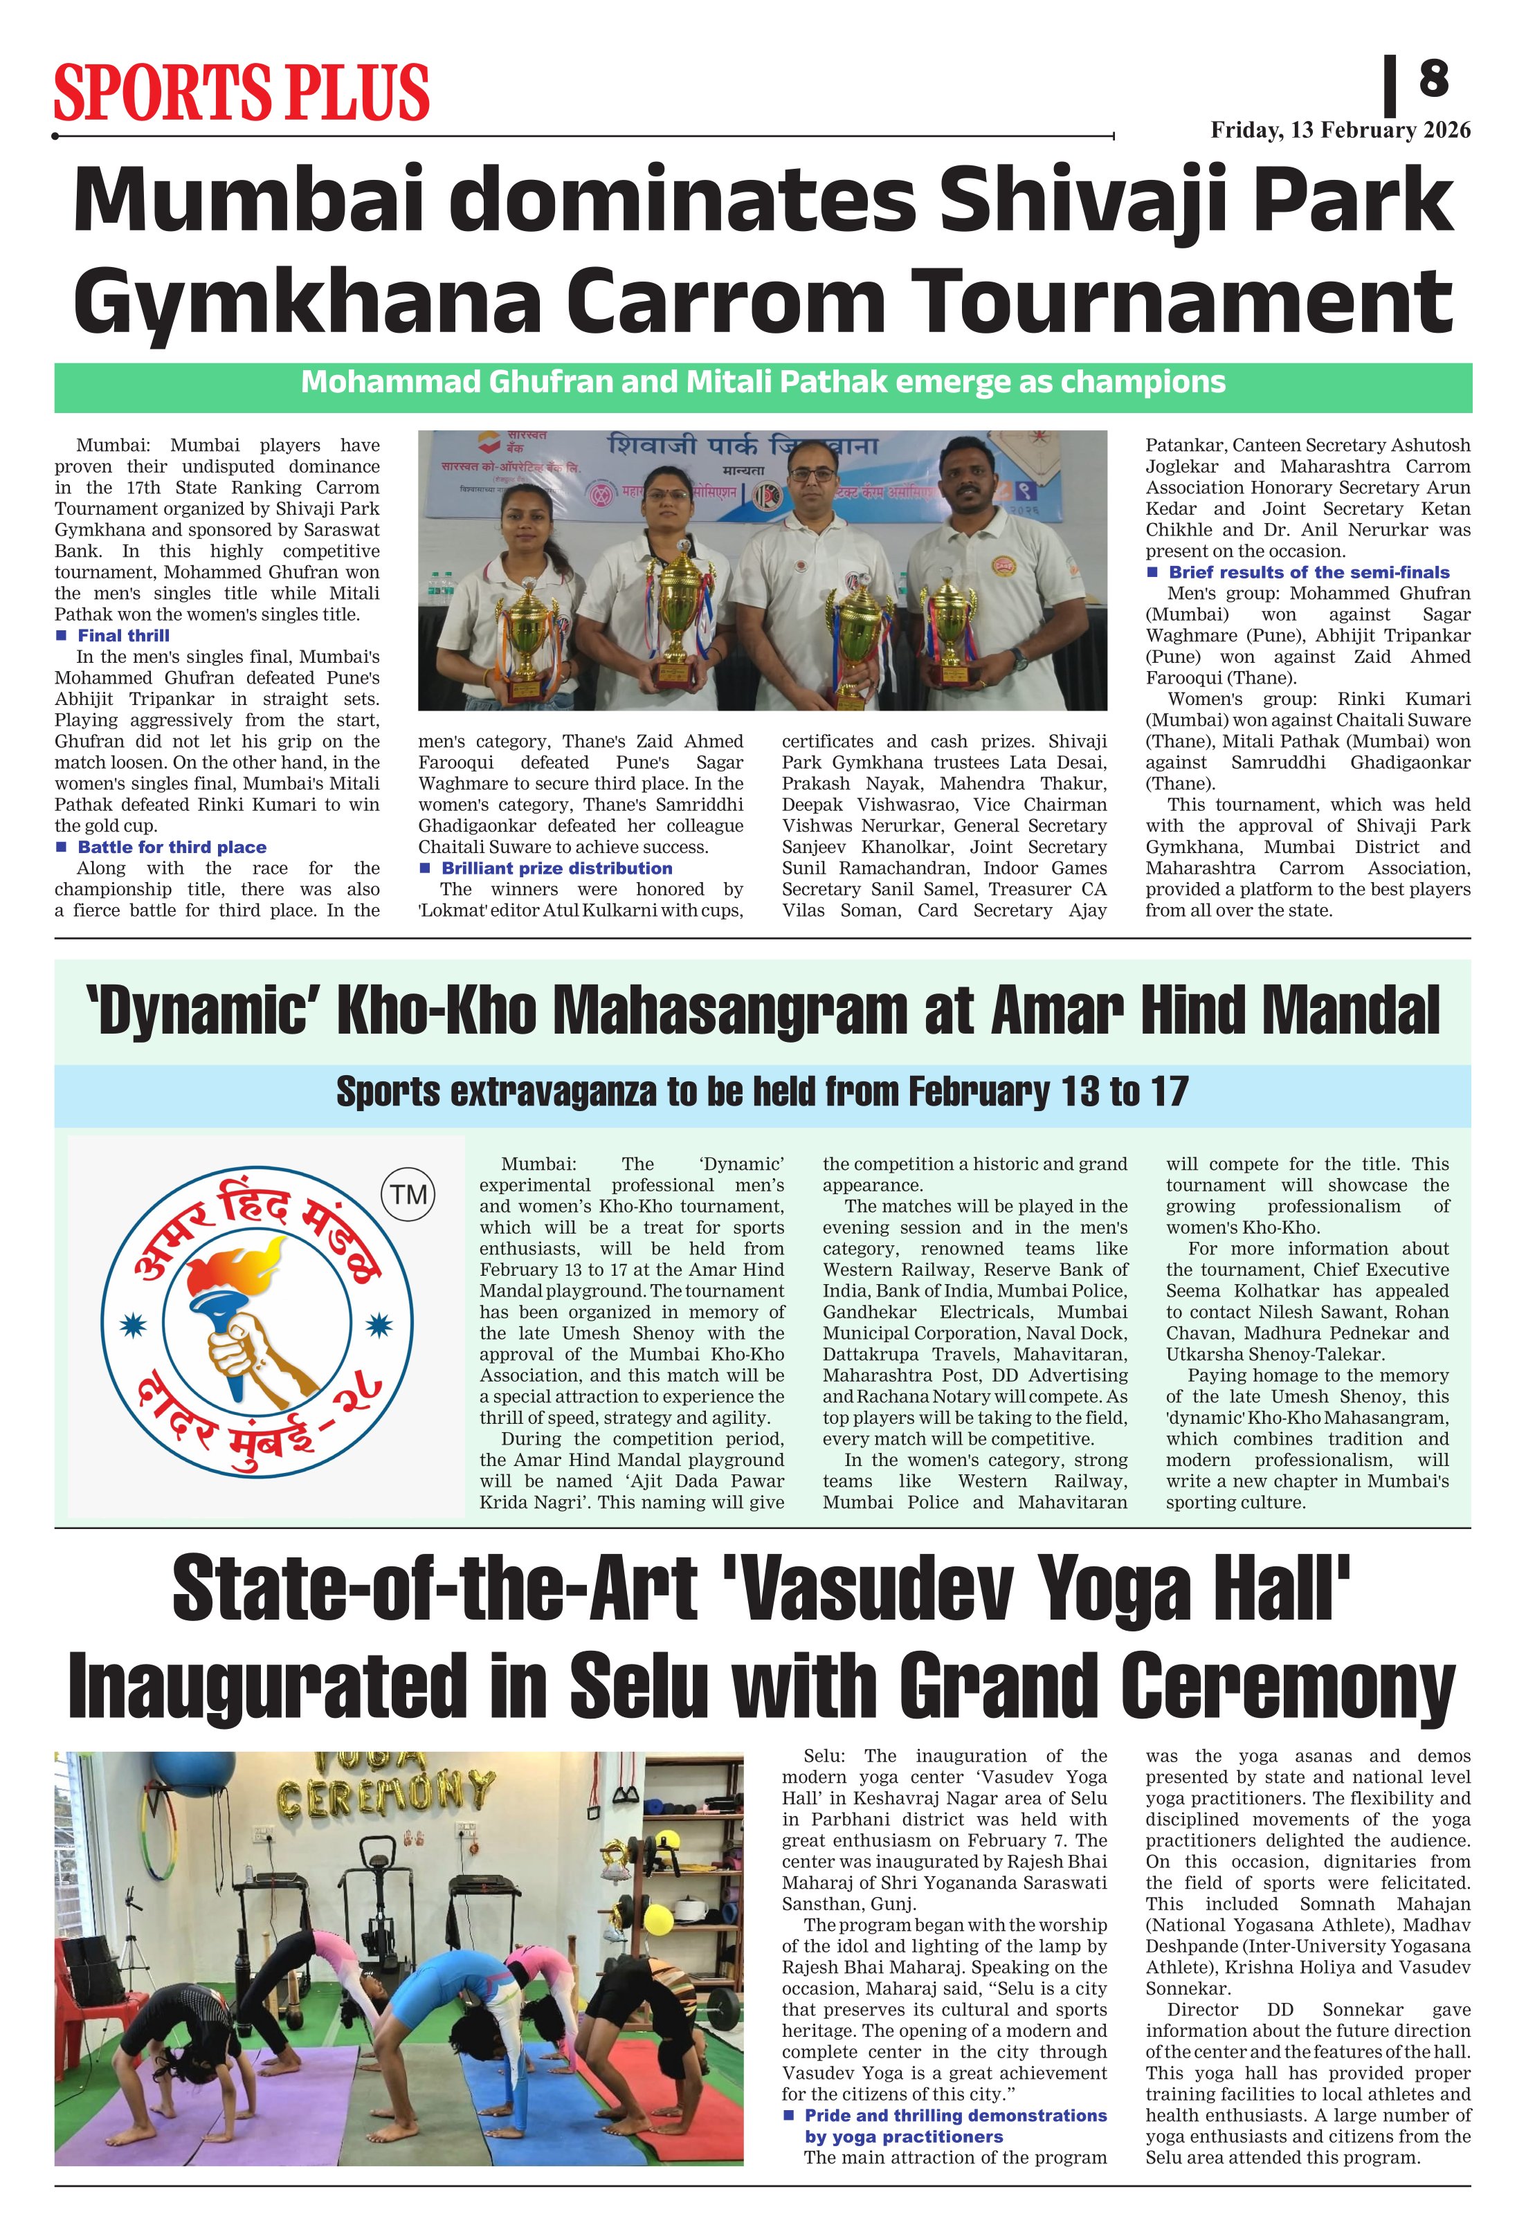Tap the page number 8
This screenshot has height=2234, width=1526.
tap(1433, 78)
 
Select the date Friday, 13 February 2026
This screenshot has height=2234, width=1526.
tap(1339, 130)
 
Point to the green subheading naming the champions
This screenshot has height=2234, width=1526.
tap(763, 383)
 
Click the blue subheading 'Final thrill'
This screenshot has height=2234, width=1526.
tap(123, 635)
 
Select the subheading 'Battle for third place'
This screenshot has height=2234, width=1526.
tap(171, 847)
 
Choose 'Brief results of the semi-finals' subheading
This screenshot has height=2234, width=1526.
tap(1308, 572)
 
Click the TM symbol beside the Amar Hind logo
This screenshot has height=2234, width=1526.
tap(409, 1195)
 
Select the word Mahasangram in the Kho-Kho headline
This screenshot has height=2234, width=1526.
tap(731, 1011)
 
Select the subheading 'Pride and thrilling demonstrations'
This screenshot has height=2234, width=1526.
tap(955, 2116)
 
